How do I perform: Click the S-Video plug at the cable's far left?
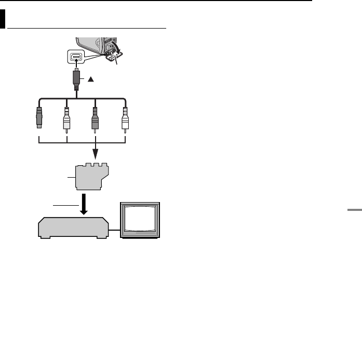[x=38, y=118]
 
